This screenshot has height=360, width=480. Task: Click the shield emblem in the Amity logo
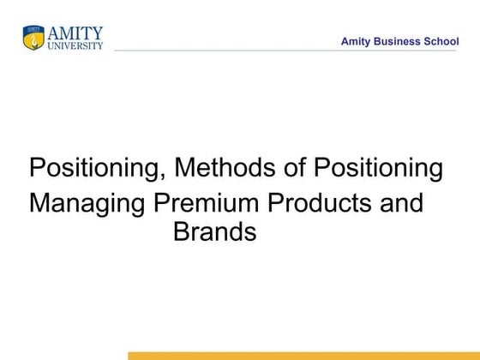33,38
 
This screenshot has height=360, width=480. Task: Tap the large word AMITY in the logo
75,33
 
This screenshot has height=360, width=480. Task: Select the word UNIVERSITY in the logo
75,45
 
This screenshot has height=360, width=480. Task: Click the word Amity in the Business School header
356,41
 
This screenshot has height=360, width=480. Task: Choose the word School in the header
441,41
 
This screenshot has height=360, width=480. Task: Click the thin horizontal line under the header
283,51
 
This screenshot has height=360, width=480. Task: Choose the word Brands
215,231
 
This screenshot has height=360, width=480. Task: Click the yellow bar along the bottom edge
303,355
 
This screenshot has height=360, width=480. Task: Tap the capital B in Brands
181,231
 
